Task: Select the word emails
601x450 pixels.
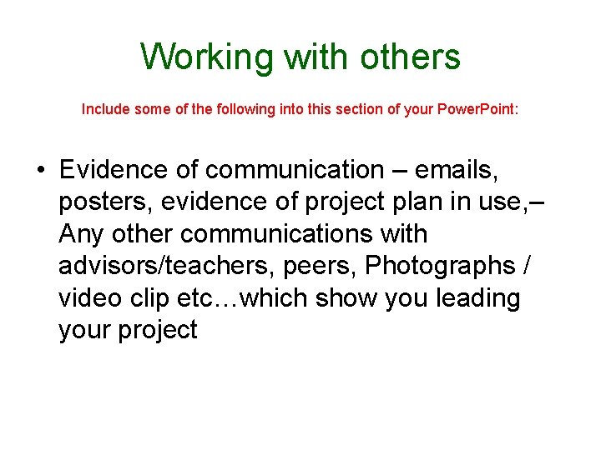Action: point(457,170)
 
